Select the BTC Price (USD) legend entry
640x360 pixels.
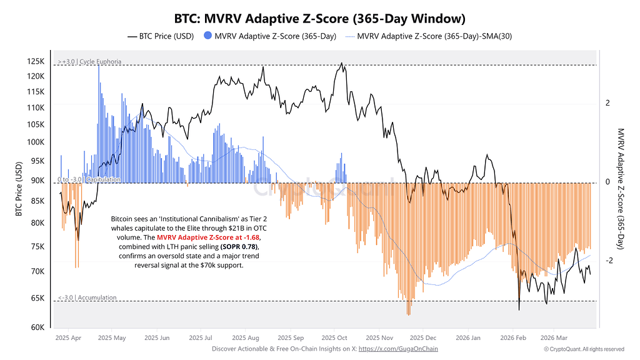point(161,36)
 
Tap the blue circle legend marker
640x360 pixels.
point(207,36)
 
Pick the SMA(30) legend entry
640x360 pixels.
point(429,36)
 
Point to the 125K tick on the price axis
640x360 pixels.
point(36,61)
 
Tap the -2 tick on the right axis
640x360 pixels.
point(609,261)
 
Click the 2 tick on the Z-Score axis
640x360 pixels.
point(607,103)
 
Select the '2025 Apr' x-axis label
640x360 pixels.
point(68,338)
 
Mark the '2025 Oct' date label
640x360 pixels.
point(334,338)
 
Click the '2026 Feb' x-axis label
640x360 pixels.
point(513,338)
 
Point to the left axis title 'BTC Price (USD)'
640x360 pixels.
point(19,189)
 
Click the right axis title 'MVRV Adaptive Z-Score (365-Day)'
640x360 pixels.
point(621,189)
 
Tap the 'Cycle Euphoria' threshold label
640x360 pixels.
point(101,62)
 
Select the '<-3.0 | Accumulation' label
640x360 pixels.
point(87,297)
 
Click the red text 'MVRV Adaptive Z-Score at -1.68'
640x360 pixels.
point(208,237)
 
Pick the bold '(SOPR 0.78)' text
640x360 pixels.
point(239,247)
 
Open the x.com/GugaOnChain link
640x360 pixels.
point(398,349)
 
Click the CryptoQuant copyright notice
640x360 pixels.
point(584,349)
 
